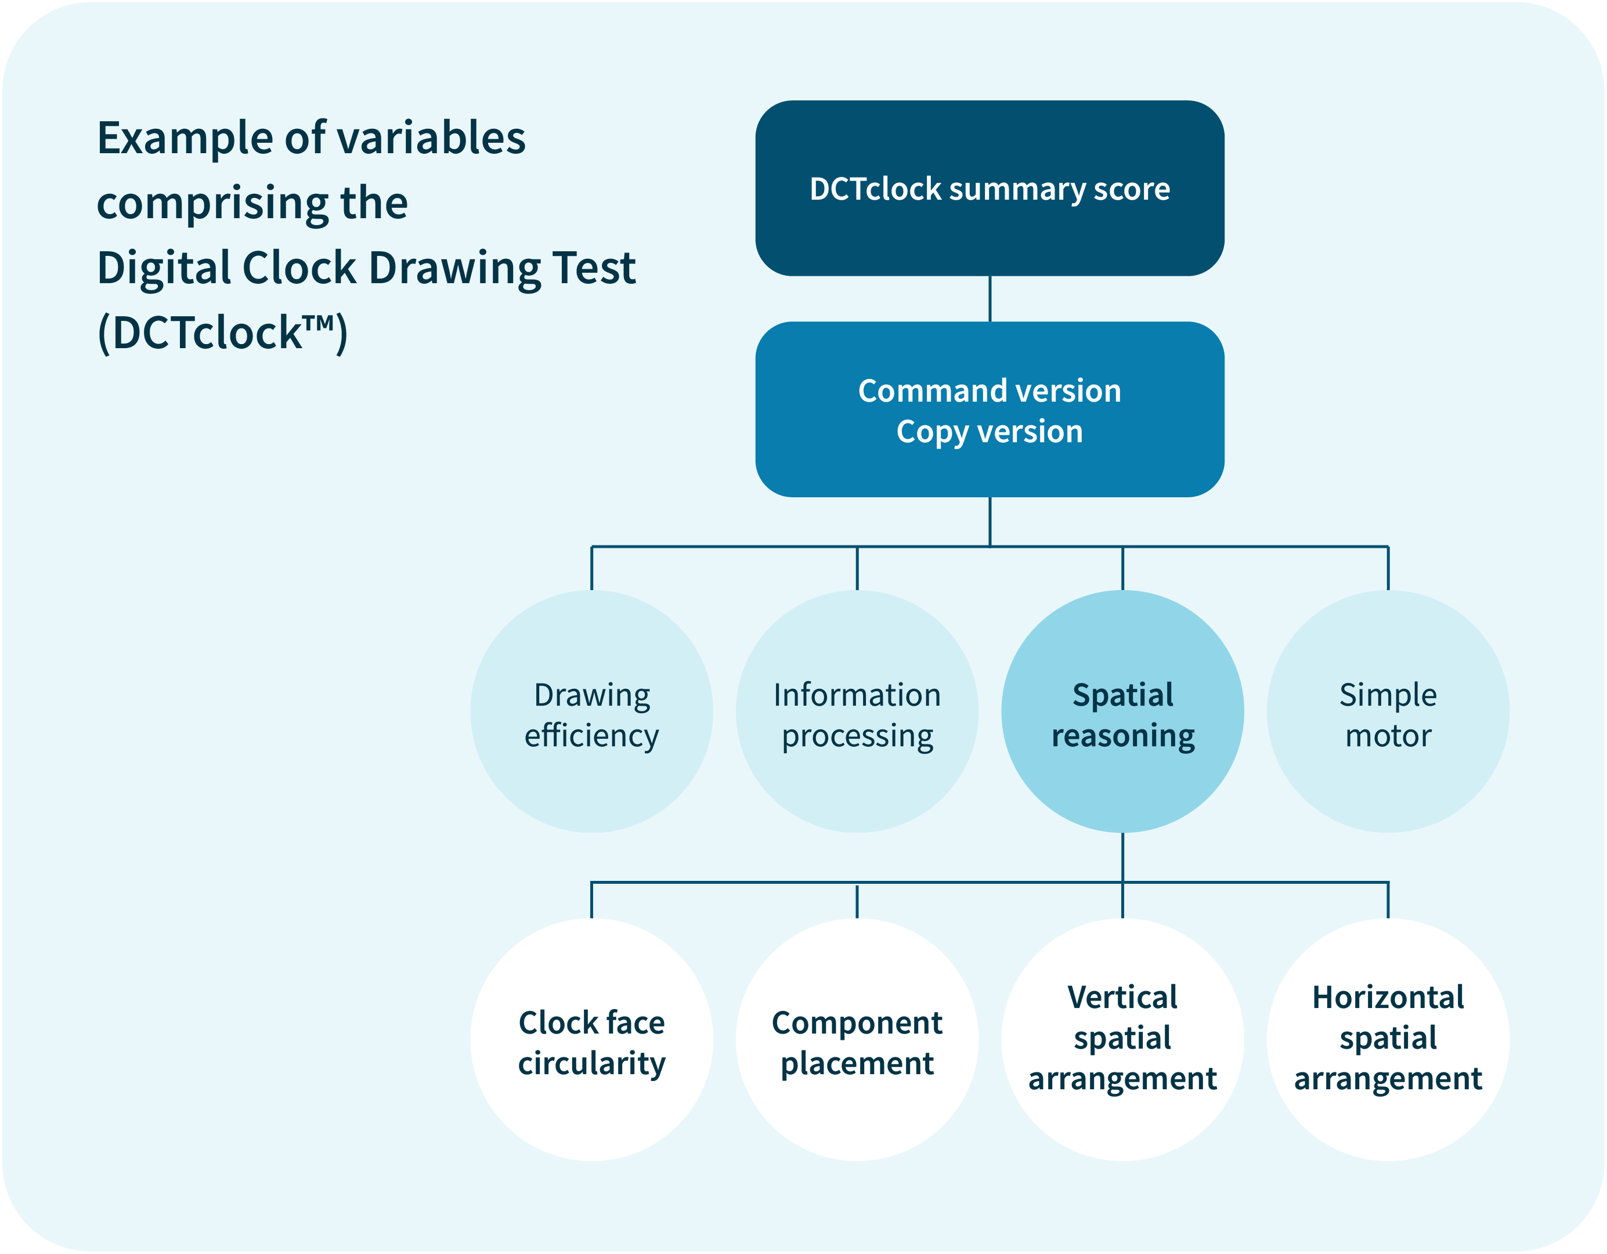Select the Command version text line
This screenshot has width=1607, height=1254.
[990, 391]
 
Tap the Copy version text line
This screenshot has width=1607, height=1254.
[990, 432]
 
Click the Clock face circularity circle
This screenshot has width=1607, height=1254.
[591, 1039]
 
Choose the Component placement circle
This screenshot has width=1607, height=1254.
[857, 1039]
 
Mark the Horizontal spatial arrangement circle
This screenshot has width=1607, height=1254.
[1388, 1039]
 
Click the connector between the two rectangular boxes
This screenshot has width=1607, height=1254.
[990, 299]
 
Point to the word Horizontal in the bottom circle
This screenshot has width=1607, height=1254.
[1388, 998]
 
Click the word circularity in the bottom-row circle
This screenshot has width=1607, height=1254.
[591, 1064]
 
